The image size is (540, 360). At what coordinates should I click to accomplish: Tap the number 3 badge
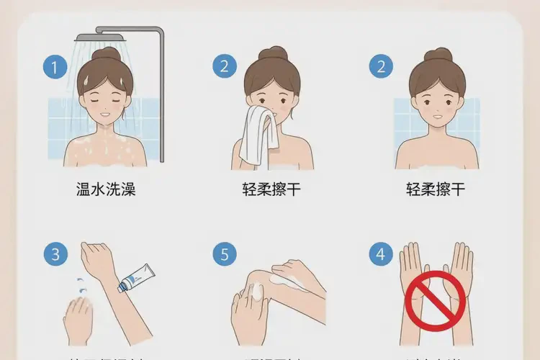tap(54, 254)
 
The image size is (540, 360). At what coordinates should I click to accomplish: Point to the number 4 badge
tap(381, 254)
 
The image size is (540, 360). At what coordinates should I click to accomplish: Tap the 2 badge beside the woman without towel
tap(381, 68)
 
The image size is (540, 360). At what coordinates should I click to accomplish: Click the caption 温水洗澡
tap(106, 190)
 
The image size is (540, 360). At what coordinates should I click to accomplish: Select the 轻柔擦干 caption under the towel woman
tap(271, 190)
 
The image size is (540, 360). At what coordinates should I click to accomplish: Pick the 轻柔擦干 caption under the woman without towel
tap(436, 190)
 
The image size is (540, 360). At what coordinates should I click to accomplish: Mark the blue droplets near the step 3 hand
tap(81, 286)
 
